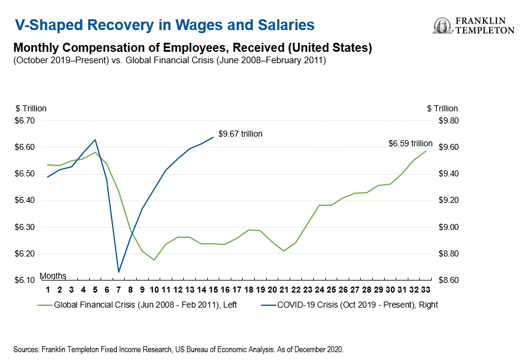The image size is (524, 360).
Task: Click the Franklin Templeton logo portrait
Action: tap(442, 25)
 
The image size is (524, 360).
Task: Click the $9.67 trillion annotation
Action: tap(240, 134)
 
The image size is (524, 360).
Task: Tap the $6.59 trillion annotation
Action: tap(410, 143)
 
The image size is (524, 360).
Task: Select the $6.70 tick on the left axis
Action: tap(25, 120)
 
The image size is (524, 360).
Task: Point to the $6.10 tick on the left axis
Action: tap(25, 281)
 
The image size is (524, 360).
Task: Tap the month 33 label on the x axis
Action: tap(426, 290)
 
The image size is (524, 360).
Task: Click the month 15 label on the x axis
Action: tap(213, 290)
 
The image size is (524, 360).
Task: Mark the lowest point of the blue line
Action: tap(119, 272)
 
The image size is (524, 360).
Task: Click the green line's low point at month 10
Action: tap(154, 260)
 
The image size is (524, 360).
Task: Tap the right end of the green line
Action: tap(426, 151)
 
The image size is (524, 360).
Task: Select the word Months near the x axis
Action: tap(52, 276)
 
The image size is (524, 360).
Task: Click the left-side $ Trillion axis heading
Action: tap(31, 108)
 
